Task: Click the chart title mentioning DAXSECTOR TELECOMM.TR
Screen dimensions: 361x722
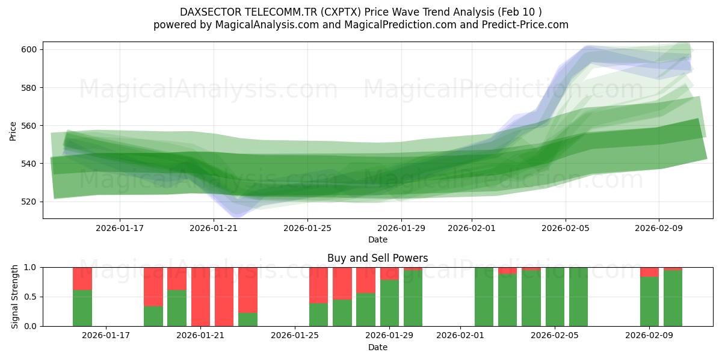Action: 360,11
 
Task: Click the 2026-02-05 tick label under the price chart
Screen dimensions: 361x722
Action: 565,228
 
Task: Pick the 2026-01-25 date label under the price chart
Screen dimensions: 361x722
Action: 307,228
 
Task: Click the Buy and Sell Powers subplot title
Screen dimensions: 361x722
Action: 377,258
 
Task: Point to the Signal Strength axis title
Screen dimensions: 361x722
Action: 16,297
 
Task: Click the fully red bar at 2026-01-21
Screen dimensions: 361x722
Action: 200,297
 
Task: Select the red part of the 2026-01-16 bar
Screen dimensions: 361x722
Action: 82,278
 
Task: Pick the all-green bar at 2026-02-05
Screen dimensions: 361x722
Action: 555,297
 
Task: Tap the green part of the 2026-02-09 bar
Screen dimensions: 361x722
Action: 649,301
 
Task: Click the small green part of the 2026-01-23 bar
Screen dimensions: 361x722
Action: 248,319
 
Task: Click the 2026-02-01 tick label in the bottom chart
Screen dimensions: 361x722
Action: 460,336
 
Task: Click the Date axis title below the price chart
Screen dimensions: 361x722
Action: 377,239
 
